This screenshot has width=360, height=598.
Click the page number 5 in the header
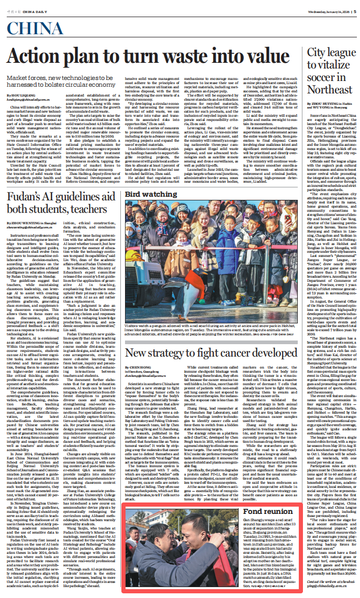pos(353,13)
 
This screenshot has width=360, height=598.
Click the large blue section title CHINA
pos(36,30)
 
